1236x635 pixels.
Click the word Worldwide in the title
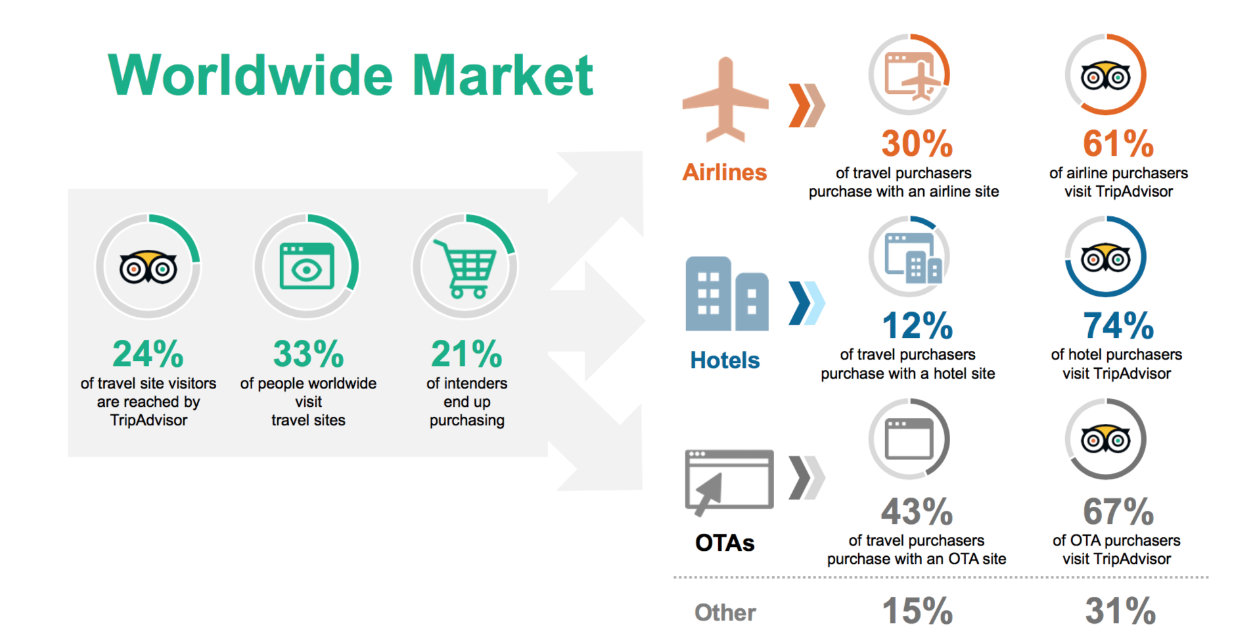click(250, 75)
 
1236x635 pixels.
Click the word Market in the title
click(503, 75)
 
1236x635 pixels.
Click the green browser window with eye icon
click(307, 266)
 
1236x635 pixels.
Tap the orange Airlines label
click(725, 172)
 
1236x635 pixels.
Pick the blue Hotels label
click(725, 360)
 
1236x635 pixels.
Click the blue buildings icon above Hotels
click(727, 293)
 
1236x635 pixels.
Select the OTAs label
click(725, 543)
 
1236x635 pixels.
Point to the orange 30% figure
click(917, 143)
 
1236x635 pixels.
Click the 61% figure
click(1118, 143)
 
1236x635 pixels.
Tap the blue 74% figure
click(1118, 325)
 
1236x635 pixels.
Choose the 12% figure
click(917, 325)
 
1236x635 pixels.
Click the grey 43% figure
click(917, 511)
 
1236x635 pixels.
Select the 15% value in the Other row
click(917, 611)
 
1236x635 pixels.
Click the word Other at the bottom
click(725, 613)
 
